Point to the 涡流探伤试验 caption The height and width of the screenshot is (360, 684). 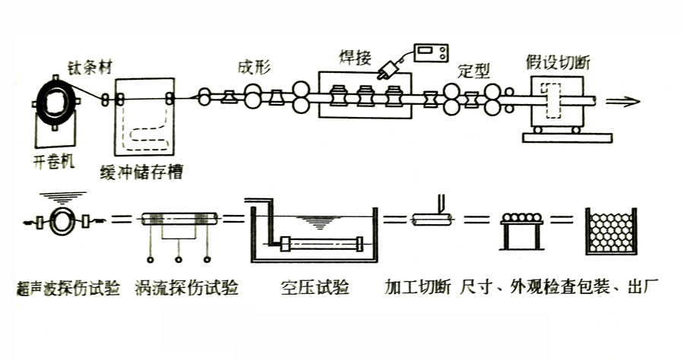pyautogui.click(x=185, y=288)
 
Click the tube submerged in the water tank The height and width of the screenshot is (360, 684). pyautogui.click(x=321, y=244)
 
